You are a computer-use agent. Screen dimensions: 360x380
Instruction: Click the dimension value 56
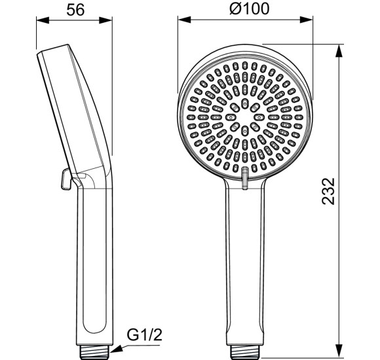77,9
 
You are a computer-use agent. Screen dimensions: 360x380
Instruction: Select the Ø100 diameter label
245,9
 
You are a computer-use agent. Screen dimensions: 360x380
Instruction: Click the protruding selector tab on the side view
62,179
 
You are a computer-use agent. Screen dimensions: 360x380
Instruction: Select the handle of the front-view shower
244,262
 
